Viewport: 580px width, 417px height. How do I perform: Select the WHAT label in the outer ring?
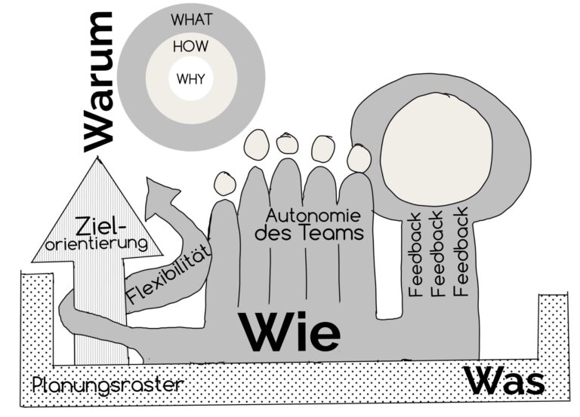pyautogui.click(x=191, y=20)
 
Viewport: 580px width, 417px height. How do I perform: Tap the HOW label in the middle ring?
pyautogui.click(x=191, y=46)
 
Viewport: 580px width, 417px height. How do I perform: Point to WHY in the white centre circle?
pyautogui.click(x=191, y=78)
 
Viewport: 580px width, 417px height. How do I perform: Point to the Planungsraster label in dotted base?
pyautogui.click(x=108, y=385)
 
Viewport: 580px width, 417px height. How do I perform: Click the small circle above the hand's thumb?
pyautogui.click(x=224, y=183)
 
